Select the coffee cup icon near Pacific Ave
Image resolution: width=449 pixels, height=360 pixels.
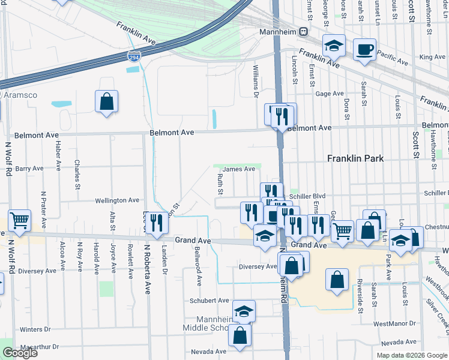click(364, 49)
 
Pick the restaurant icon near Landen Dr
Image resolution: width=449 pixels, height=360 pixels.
click(157, 223)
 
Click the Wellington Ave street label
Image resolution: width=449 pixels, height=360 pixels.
click(118, 200)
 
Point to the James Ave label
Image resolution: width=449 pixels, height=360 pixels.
click(239, 170)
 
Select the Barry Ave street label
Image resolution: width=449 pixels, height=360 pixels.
click(29, 169)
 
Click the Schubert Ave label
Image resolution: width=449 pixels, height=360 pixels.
click(209, 301)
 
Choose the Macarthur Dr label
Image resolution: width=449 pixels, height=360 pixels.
click(38, 347)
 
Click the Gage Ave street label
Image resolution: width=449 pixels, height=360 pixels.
click(330, 94)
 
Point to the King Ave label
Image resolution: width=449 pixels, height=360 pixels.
click(433, 57)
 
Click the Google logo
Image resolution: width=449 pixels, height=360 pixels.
click(20, 353)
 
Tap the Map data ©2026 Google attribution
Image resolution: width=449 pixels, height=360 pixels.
click(412, 355)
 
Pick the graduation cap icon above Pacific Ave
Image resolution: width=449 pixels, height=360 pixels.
click(334, 45)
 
